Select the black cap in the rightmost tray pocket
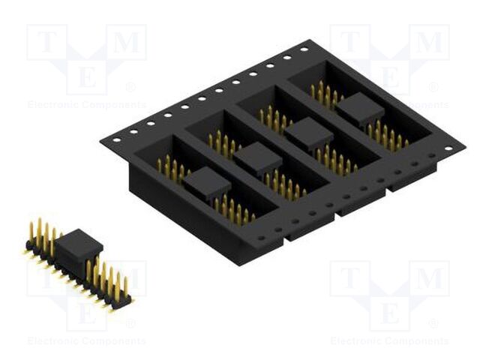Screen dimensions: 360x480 tap(359, 109)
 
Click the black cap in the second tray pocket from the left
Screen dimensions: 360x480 tap(257, 157)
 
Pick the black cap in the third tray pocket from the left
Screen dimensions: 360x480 tap(308, 133)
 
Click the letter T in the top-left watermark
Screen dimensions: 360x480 tap(47, 43)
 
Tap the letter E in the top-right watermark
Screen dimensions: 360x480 tap(390, 76)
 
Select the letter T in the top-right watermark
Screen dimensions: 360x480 tap(350, 43)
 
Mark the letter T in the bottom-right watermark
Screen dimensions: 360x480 tap(350, 279)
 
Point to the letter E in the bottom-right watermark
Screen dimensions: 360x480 tap(390, 310)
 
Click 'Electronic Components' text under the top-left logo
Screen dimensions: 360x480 tap(86, 105)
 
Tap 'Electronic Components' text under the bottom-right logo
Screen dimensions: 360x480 tap(389, 341)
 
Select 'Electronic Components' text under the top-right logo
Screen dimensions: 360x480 tap(389, 105)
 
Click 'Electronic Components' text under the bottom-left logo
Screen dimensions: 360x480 tap(86, 341)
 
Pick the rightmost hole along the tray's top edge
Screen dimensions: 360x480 tap(304, 49)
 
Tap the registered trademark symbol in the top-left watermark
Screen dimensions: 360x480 tap(130, 87)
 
